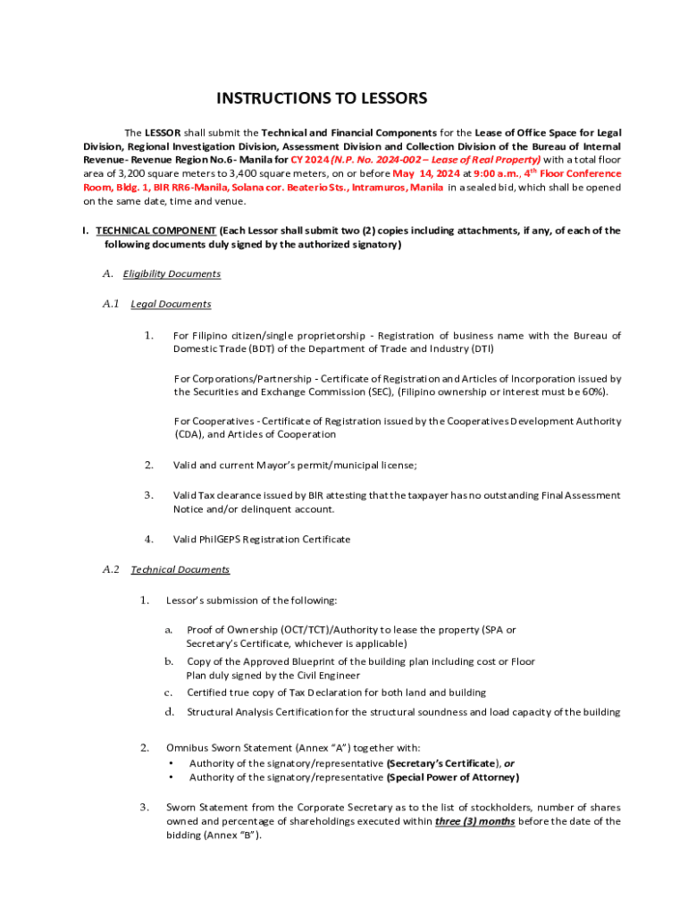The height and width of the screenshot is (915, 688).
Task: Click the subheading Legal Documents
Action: pyautogui.click(x=171, y=304)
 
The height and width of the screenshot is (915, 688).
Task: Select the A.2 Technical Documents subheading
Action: pyautogui.click(x=180, y=569)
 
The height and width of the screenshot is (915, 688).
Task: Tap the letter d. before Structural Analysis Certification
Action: pyautogui.click(x=168, y=712)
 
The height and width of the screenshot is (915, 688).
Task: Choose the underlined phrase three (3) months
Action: pyautogui.click(x=474, y=821)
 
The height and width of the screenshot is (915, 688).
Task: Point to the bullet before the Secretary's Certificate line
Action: pyautogui.click(x=172, y=763)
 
